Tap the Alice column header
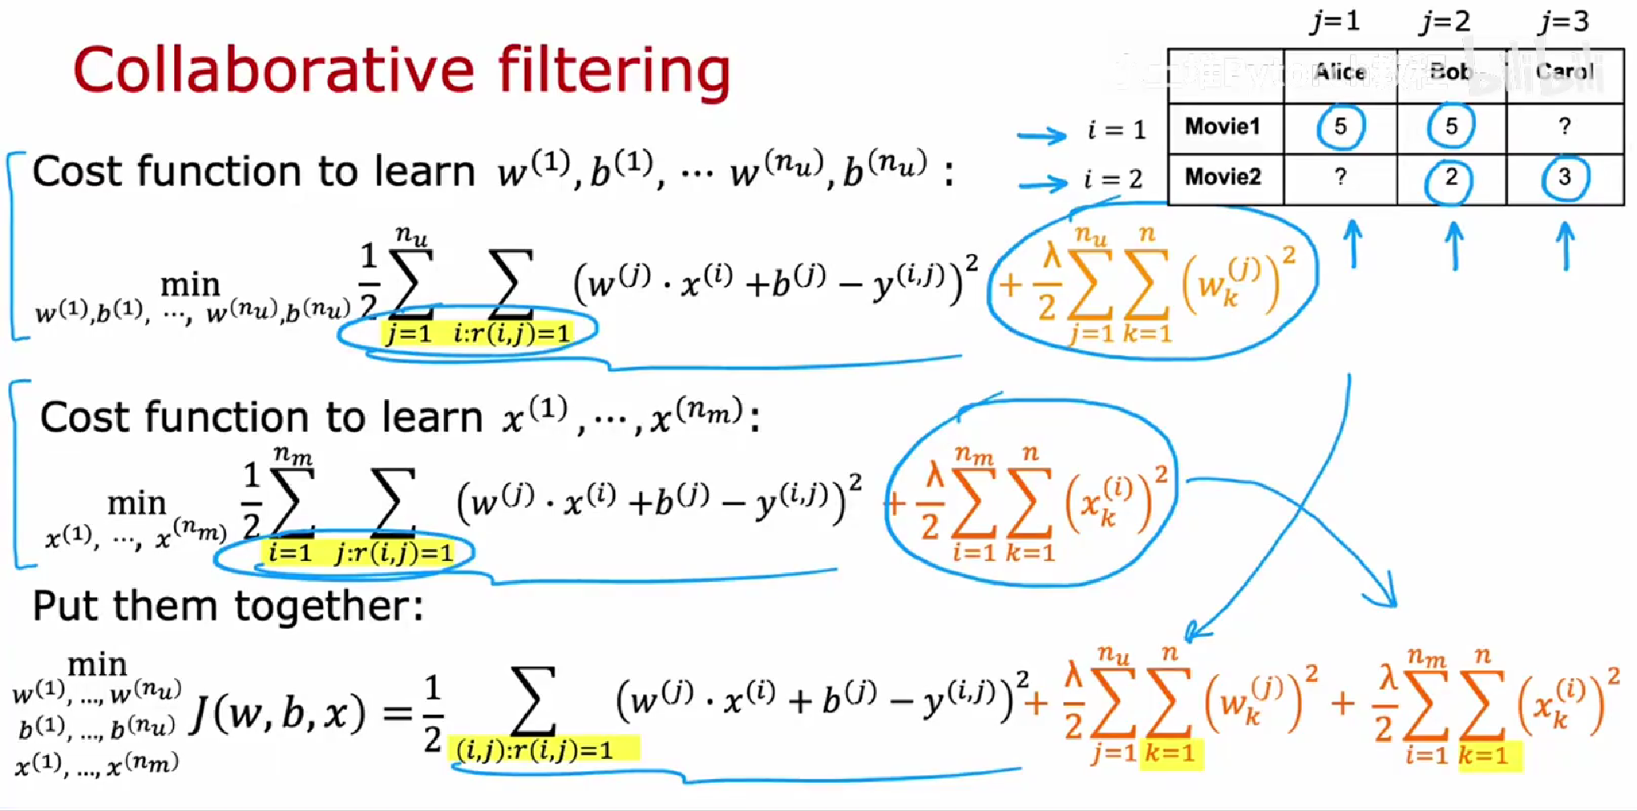(1340, 72)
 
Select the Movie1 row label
(1223, 127)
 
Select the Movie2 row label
(1223, 176)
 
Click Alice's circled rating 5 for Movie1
(1340, 126)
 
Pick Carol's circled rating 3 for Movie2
(1564, 177)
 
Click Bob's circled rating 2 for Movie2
(1450, 178)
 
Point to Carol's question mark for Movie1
(1564, 126)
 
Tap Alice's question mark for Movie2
(1340, 177)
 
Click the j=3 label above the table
(1564, 21)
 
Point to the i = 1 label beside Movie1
(1117, 130)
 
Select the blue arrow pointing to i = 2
(1042, 184)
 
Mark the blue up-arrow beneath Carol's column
(1565, 244)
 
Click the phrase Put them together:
(228, 606)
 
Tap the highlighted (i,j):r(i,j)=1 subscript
(535, 751)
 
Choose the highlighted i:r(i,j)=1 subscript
(512, 333)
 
